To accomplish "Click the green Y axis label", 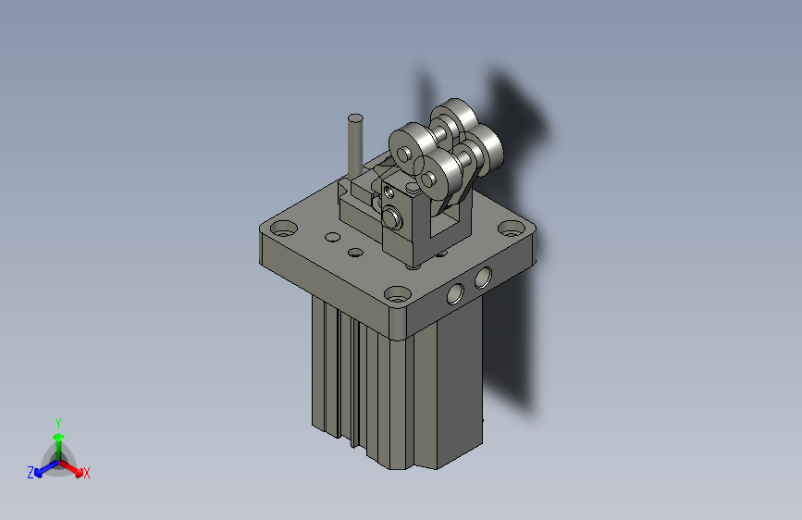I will click(57, 421).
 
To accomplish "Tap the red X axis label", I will click(87, 473).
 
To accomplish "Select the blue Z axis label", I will click(31, 473).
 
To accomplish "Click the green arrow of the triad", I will click(58, 439).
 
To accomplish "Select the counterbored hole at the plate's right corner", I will click(510, 229).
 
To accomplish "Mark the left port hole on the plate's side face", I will click(455, 293).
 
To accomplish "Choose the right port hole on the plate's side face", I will click(484, 278).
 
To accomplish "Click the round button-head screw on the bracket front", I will click(393, 218).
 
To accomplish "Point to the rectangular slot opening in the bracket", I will click(448, 225).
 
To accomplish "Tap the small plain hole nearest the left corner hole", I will click(329, 237).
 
